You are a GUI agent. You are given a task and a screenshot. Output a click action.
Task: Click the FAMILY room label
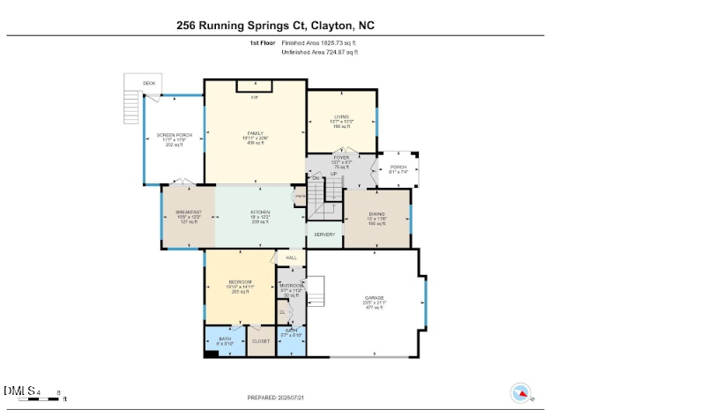(256, 133)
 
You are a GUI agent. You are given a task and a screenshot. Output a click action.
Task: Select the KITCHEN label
(259, 212)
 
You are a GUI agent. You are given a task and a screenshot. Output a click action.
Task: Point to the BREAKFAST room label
(189, 212)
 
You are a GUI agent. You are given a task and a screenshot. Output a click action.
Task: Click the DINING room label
(376, 212)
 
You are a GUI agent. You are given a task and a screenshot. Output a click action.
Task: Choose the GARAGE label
(374, 298)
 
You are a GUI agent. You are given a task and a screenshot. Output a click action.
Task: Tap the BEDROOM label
(240, 282)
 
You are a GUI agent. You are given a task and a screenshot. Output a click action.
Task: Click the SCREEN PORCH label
(175, 135)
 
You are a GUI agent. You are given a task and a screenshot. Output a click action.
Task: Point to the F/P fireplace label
(255, 96)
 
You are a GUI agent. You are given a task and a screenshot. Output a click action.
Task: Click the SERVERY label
(324, 234)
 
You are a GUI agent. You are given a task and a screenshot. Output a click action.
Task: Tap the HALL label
(290, 257)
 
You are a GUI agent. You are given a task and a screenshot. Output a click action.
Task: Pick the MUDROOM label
(292, 286)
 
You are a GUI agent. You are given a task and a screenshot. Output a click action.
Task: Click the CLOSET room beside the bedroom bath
(261, 341)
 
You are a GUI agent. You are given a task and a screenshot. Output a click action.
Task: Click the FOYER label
(340, 158)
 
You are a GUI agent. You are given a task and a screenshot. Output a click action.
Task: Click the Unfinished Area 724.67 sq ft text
(319, 52)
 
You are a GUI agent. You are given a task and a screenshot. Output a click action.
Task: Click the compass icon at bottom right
(521, 391)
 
